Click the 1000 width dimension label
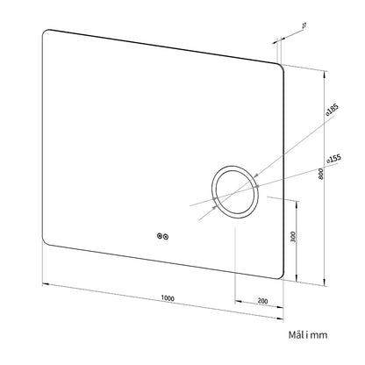pos(168,298)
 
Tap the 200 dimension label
pos(262,301)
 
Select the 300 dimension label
pos(294,237)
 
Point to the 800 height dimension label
pos(321,174)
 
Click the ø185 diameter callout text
pos(333,110)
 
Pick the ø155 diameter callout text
pos(333,159)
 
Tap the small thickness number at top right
pos(304,26)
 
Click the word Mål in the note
pos(296,334)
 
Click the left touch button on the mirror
pos(160,236)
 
